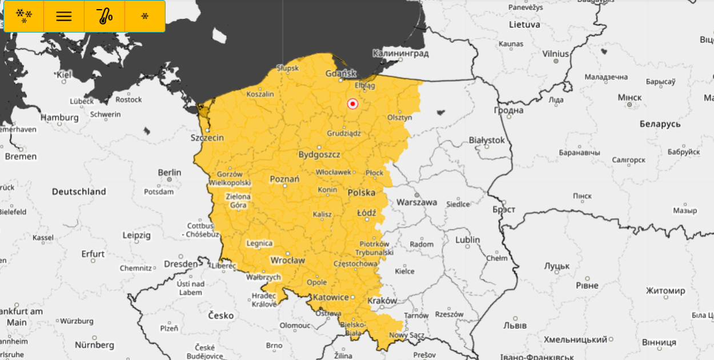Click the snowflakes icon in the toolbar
click(x=24, y=16)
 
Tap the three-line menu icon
click(x=64, y=16)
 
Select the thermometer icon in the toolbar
click(x=105, y=16)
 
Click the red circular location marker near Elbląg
click(x=352, y=104)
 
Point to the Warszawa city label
click(x=416, y=202)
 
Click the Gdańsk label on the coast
click(x=341, y=73)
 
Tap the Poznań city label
click(x=284, y=179)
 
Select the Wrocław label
click(x=287, y=261)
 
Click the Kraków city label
click(x=382, y=301)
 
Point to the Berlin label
click(x=170, y=173)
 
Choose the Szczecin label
click(x=207, y=138)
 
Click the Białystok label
click(x=487, y=140)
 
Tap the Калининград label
click(x=400, y=53)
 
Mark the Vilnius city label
click(x=556, y=54)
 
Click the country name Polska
click(x=362, y=193)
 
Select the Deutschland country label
click(x=79, y=191)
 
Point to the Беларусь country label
click(x=660, y=124)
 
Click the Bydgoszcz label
click(x=319, y=155)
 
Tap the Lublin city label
click(x=467, y=240)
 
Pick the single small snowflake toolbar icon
click(x=145, y=16)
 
